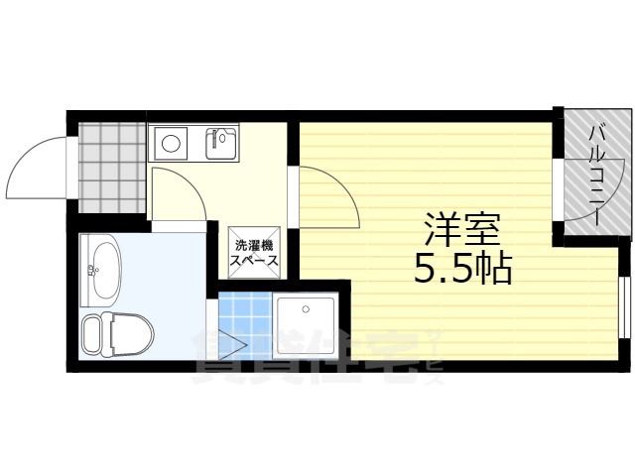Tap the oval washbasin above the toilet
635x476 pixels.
pyautogui.click(x=101, y=268)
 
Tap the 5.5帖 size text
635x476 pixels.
pyautogui.click(x=463, y=268)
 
